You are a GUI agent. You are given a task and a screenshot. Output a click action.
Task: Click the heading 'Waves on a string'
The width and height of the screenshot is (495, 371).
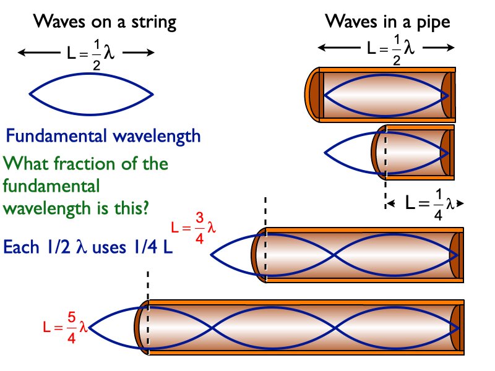(105, 23)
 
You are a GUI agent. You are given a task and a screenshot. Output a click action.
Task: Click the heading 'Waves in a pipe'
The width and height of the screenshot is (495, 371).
(388, 23)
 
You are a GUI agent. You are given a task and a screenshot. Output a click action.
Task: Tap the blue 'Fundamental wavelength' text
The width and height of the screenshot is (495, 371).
(103, 135)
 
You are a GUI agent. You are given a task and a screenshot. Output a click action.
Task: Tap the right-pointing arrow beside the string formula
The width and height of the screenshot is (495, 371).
(140, 53)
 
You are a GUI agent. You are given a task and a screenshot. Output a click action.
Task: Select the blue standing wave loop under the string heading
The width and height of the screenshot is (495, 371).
(91, 94)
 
